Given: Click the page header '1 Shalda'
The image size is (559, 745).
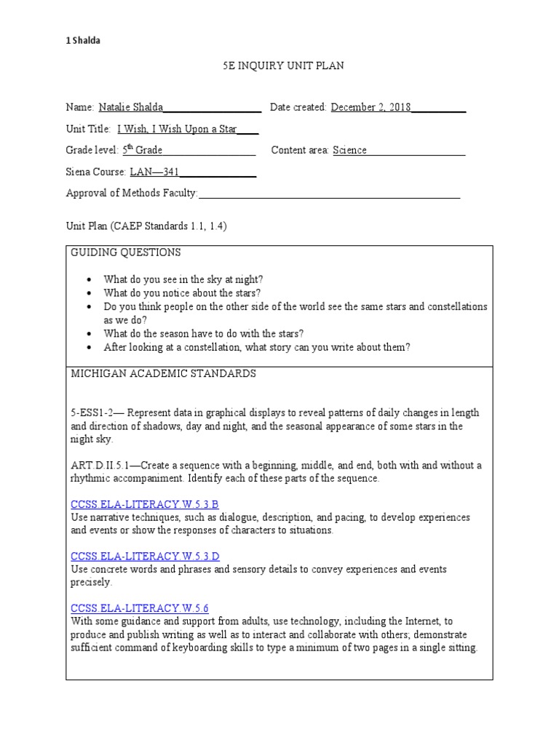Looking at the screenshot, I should pyautogui.click(x=83, y=41).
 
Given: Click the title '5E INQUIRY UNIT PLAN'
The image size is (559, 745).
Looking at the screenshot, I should pyautogui.click(x=283, y=66).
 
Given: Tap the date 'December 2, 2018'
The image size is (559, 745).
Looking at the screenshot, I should pyautogui.click(x=370, y=108).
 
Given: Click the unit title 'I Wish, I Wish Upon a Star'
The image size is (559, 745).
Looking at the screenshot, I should pyautogui.click(x=177, y=129).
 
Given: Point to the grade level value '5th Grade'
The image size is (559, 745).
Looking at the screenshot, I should pyautogui.click(x=142, y=151).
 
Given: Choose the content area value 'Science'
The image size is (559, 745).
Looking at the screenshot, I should pyautogui.click(x=349, y=151).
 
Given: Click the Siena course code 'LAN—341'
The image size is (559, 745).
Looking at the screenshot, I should pyautogui.click(x=154, y=172).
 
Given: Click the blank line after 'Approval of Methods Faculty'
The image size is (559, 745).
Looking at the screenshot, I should pyautogui.click(x=329, y=194).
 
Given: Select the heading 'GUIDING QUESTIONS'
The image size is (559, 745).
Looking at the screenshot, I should pyautogui.click(x=126, y=252).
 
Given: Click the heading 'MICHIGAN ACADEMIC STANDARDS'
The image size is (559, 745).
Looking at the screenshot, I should pyautogui.click(x=163, y=374).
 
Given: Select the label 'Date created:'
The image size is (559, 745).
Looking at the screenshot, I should pyautogui.click(x=298, y=108).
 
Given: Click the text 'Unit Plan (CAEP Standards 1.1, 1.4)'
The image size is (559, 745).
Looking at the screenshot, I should pyautogui.click(x=146, y=226).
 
